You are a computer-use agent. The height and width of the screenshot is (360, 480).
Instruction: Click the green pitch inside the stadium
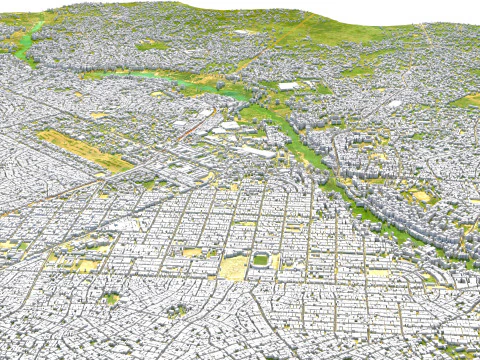[x=261, y=260]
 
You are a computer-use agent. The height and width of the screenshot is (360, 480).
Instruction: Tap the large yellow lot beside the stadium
[x=235, y=268]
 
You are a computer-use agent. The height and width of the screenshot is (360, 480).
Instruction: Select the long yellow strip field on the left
[x=84, y=149]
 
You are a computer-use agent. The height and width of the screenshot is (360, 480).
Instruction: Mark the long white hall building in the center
[x=255, y=151]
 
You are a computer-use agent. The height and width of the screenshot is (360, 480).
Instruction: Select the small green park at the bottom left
[x=111, y=297]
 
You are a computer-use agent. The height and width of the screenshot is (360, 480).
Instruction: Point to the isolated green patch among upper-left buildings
[x=152, y=46]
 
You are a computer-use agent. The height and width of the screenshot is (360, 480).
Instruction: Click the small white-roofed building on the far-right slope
[x=395, y=103]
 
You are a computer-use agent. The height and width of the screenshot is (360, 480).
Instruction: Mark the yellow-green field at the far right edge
[x=466, y=100]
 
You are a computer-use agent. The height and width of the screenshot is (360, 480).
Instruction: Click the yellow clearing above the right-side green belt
[x=420, y=196]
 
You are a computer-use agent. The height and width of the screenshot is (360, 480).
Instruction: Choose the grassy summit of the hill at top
[x=200, y=10]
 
